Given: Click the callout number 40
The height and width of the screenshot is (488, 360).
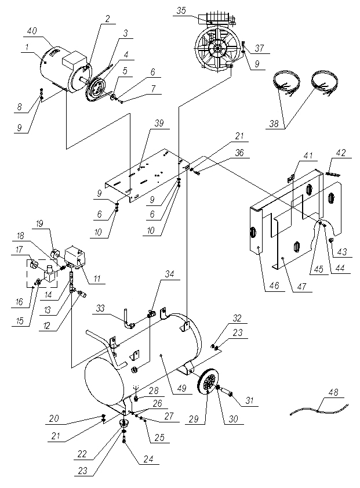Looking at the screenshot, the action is pyautogui.click(x=32, y=31).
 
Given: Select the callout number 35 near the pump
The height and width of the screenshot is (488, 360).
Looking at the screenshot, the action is pyautogui.click(x=181, y=10).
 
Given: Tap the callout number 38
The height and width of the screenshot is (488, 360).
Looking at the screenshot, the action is pyautogui.click(x=274, y=124).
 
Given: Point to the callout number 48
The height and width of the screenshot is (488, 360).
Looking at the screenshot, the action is pyautogui.click(x=333, y=392).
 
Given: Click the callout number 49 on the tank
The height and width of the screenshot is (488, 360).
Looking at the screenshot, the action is pyautogui.click(x=181, y=388).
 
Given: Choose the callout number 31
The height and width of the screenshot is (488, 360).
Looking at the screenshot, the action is pyautogui.click(x=250, y=400).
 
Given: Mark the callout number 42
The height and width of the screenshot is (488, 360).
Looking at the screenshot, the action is pyautogui.click(x=341, y=153).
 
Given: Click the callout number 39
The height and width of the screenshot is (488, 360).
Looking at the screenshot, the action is pyautogui.click(x=159, y=123).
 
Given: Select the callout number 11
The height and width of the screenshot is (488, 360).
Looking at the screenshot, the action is pyautogui.click(x=97, y=278).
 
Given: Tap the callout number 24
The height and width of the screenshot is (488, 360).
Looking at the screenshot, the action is pyautogui.click(x=148, y=458).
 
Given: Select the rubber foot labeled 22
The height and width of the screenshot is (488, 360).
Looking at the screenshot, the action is pyautogui.click(x=124, y=423).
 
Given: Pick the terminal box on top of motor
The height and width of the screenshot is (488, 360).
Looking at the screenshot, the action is pyautogui.click(x=74, y=61).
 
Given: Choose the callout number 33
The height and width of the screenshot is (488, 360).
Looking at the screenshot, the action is pyautogui.click(x=100, y=308).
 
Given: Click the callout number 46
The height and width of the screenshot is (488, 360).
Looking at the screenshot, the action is pyautogui.click(x=274, y=285).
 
